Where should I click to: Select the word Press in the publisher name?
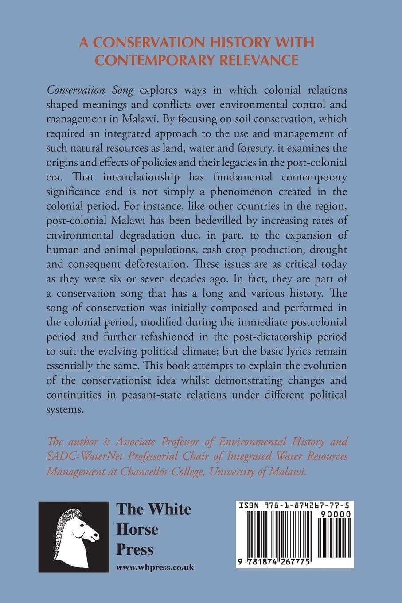tap(135, 550)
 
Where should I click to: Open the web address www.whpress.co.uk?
tap(155, 567)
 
